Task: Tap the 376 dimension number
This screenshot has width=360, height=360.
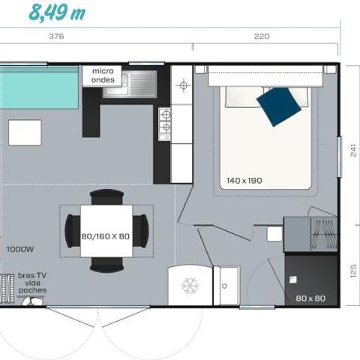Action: click(55, 36)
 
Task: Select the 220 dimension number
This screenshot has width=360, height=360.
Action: click(261, 36)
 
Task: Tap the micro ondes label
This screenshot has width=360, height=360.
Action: click(103, 75)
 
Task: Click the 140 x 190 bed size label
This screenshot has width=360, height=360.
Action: click(245, 181)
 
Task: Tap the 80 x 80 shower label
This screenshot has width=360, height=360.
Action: click(310, 298)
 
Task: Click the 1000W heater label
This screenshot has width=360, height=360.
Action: click(19, 248)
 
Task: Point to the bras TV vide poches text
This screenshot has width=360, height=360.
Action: click(30, 283)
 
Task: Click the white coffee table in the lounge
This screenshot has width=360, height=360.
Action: click(25, 132)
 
